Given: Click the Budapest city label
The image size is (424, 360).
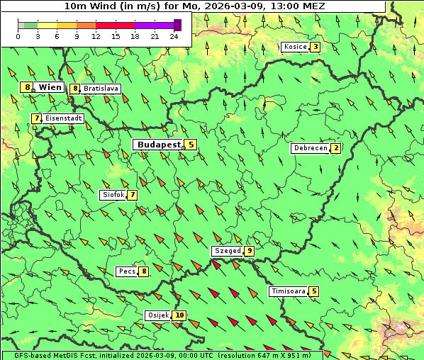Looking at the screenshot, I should click(x=159, y=144).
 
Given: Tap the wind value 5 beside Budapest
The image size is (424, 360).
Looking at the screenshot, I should click(x=191, y=144).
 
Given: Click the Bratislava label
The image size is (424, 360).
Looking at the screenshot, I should click(x=100, y=89).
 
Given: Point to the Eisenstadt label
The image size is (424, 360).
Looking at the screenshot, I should click(x=63, y=118).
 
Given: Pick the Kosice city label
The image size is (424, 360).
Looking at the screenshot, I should click(x=294, y=47).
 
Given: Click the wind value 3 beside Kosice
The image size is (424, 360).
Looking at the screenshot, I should click(x=315, y=47).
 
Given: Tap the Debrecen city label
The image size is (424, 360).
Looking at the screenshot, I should click(x=310, y=148).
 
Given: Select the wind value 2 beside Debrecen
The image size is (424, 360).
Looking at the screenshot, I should click(x=336, y=148).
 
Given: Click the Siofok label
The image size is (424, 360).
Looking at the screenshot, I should click(x=113, y=194).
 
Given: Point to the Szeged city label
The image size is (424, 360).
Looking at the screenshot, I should click(x=227, y=251).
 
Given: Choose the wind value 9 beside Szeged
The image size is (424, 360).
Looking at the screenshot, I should click(x=250, y=251).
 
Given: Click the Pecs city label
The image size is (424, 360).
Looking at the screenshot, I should click(x=127, y=271).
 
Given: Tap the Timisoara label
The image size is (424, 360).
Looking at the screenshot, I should click(x=289, y=291).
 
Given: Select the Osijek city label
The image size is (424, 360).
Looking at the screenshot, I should click(x=157, y=315).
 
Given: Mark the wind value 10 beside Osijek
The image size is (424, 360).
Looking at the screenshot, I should click(x=179, y=315).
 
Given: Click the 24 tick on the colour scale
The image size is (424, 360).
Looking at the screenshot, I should click(x=174, y=35).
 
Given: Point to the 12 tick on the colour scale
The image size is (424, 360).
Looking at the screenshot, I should click(x=96, y=35).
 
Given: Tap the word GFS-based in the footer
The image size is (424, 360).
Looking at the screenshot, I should click(x=23, y=355).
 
